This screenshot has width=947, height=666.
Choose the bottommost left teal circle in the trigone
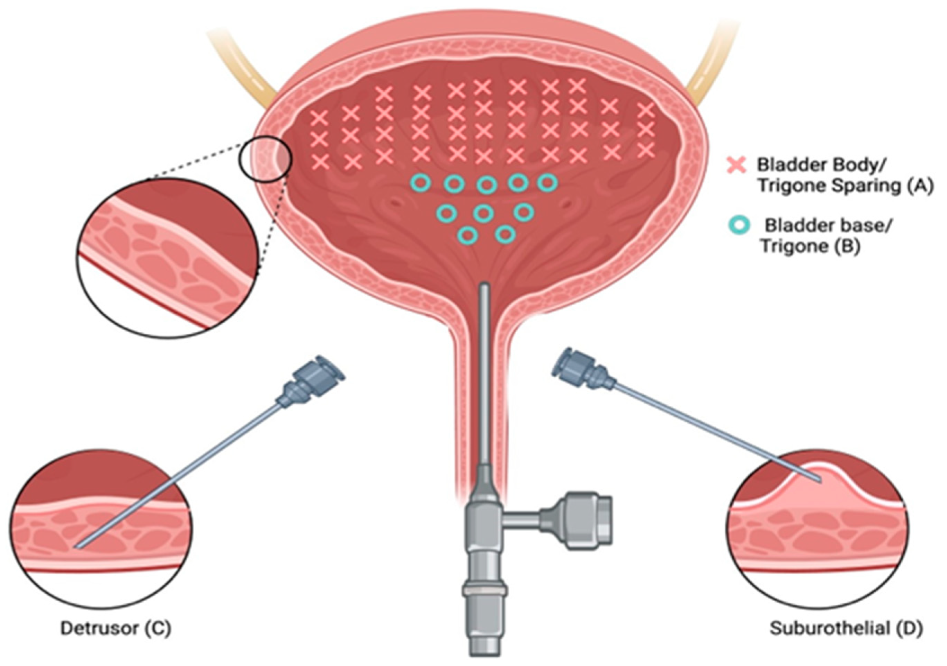[x=468, y=235]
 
